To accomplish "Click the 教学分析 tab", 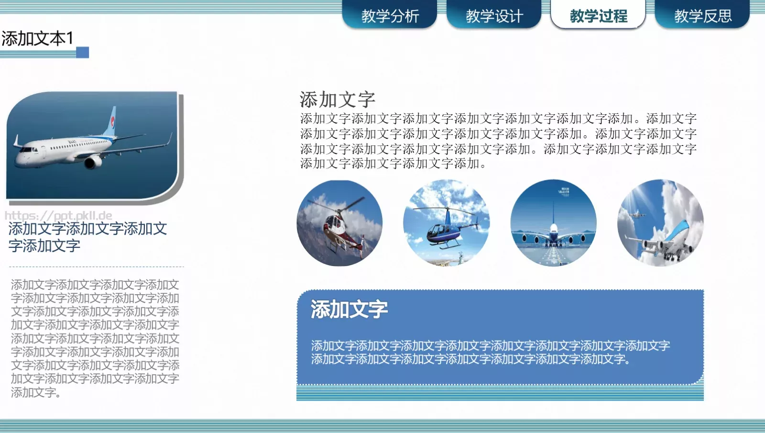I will click(390, 16).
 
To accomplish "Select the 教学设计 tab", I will click(494, 16).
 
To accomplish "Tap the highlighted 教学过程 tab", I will click(598, 16).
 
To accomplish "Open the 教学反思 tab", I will click(702, 16).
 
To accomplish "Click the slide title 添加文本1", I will click(37, 38).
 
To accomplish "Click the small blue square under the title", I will click(83, 52).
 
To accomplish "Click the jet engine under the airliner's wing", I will click(92, 162).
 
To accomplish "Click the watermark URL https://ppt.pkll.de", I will click(58, 216).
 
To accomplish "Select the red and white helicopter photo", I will click(339, 223).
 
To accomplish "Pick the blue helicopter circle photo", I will click(446, 223).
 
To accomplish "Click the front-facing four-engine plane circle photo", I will click(553, 223).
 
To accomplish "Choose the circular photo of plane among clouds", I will click(660, 223).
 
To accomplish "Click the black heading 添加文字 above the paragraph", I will click(337, 100).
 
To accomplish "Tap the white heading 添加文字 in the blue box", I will click(349, 309).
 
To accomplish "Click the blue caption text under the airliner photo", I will click(87, 237).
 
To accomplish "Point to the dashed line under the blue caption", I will click(96, 266).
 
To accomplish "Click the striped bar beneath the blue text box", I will click(500, 393).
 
